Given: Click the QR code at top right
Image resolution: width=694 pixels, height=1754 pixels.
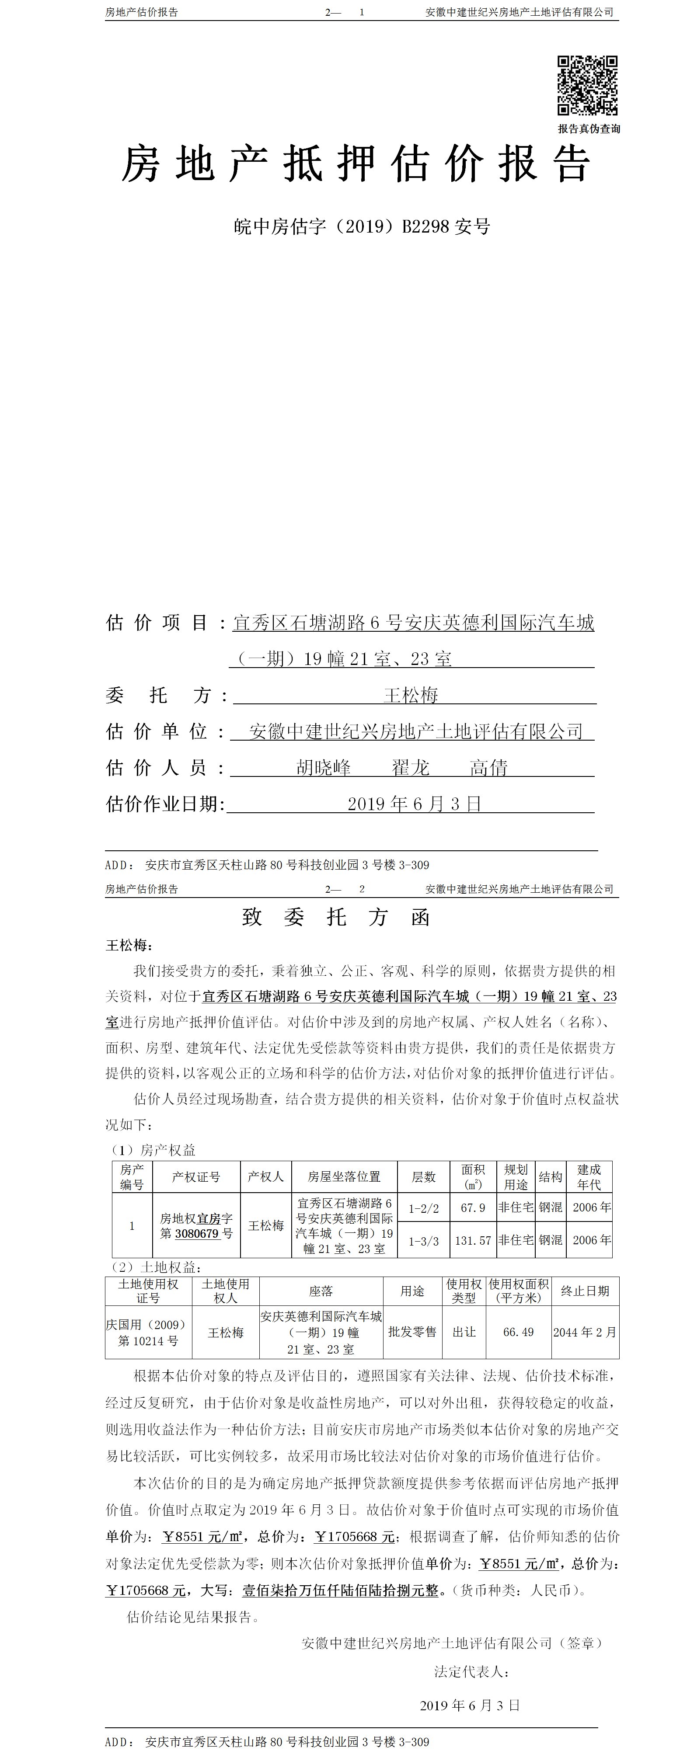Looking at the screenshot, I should tap(587, 85).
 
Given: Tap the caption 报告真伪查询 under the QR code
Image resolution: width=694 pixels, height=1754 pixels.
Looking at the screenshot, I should tap(589, 129).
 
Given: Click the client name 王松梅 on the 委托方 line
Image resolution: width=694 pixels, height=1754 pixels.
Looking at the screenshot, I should tap(411, 695).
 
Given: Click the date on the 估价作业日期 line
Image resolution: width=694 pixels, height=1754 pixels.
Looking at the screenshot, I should tap(414, 804).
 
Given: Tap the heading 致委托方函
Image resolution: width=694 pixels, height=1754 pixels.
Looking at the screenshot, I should tap(336, 917).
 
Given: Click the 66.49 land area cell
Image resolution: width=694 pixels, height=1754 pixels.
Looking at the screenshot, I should tap(518, 1332).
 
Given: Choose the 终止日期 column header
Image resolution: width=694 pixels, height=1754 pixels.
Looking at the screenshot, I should tap(584, 1291).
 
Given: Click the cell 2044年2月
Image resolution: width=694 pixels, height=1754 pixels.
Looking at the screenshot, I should tap(584, 1332).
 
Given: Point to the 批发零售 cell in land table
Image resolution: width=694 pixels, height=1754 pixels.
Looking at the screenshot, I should tap(412, 1332).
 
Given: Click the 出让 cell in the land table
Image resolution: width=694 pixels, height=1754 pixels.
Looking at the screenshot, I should tap(464, 1332).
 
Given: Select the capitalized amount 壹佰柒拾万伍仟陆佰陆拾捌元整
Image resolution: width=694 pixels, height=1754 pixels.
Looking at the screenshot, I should tap(341, 1590).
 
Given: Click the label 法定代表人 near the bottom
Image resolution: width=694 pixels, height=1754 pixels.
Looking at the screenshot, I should tap(471, 1672).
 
